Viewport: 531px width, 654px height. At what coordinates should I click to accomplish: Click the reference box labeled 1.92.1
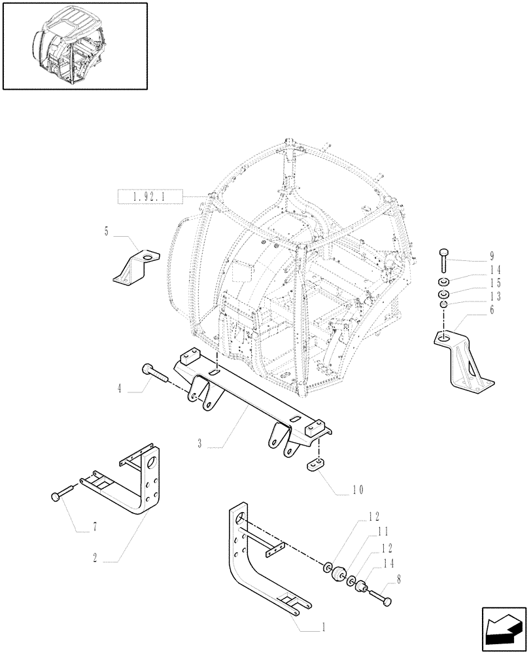pyautogui.click(x=149, y=195)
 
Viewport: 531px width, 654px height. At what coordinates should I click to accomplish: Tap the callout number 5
pyautogui.click(x=107, y=230)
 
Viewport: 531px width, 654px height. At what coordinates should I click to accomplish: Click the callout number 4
pyautogui.click(x=119, y=388)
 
